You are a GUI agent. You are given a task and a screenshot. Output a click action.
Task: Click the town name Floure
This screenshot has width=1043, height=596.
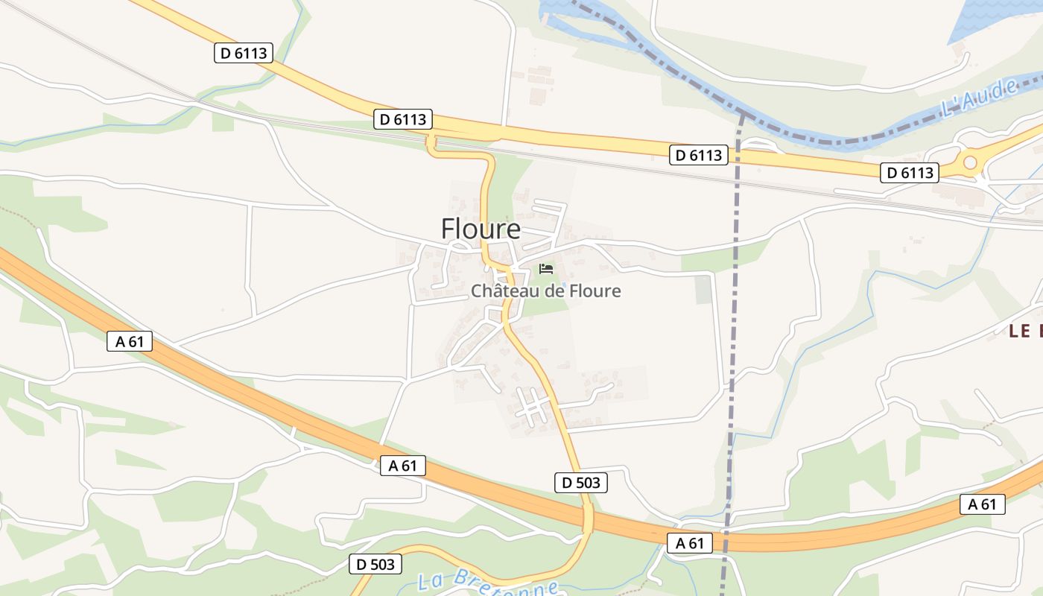[x=481, y=229]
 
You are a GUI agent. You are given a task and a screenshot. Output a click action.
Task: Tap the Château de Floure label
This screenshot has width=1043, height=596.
[x=545, y=291]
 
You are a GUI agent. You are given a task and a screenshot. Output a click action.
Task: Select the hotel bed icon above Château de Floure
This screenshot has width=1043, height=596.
[x=546, y=268]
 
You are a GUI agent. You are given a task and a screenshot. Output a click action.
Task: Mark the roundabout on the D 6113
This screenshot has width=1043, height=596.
[x=969, y=162]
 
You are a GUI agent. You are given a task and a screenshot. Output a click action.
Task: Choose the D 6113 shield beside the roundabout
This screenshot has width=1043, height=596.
[x=909, y=173]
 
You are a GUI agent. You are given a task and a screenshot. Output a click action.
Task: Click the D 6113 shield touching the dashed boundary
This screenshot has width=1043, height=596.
[x=698, y=155]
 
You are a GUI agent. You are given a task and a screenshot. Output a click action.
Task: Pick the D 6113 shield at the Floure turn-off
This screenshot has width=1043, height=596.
[x=402, y=119]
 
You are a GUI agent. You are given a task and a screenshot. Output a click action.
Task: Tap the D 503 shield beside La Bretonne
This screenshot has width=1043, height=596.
[x=375, y=564]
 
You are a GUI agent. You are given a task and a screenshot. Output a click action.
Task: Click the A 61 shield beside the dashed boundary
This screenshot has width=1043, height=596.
[x=689, y=543]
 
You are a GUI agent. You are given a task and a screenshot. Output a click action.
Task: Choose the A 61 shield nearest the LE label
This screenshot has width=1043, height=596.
[x=982, y=504]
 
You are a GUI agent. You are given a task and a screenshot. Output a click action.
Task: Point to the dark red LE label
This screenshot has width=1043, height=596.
[x=1025, y=332]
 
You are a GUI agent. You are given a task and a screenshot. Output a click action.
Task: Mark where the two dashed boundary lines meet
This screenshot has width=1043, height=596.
[x=741, y=114]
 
